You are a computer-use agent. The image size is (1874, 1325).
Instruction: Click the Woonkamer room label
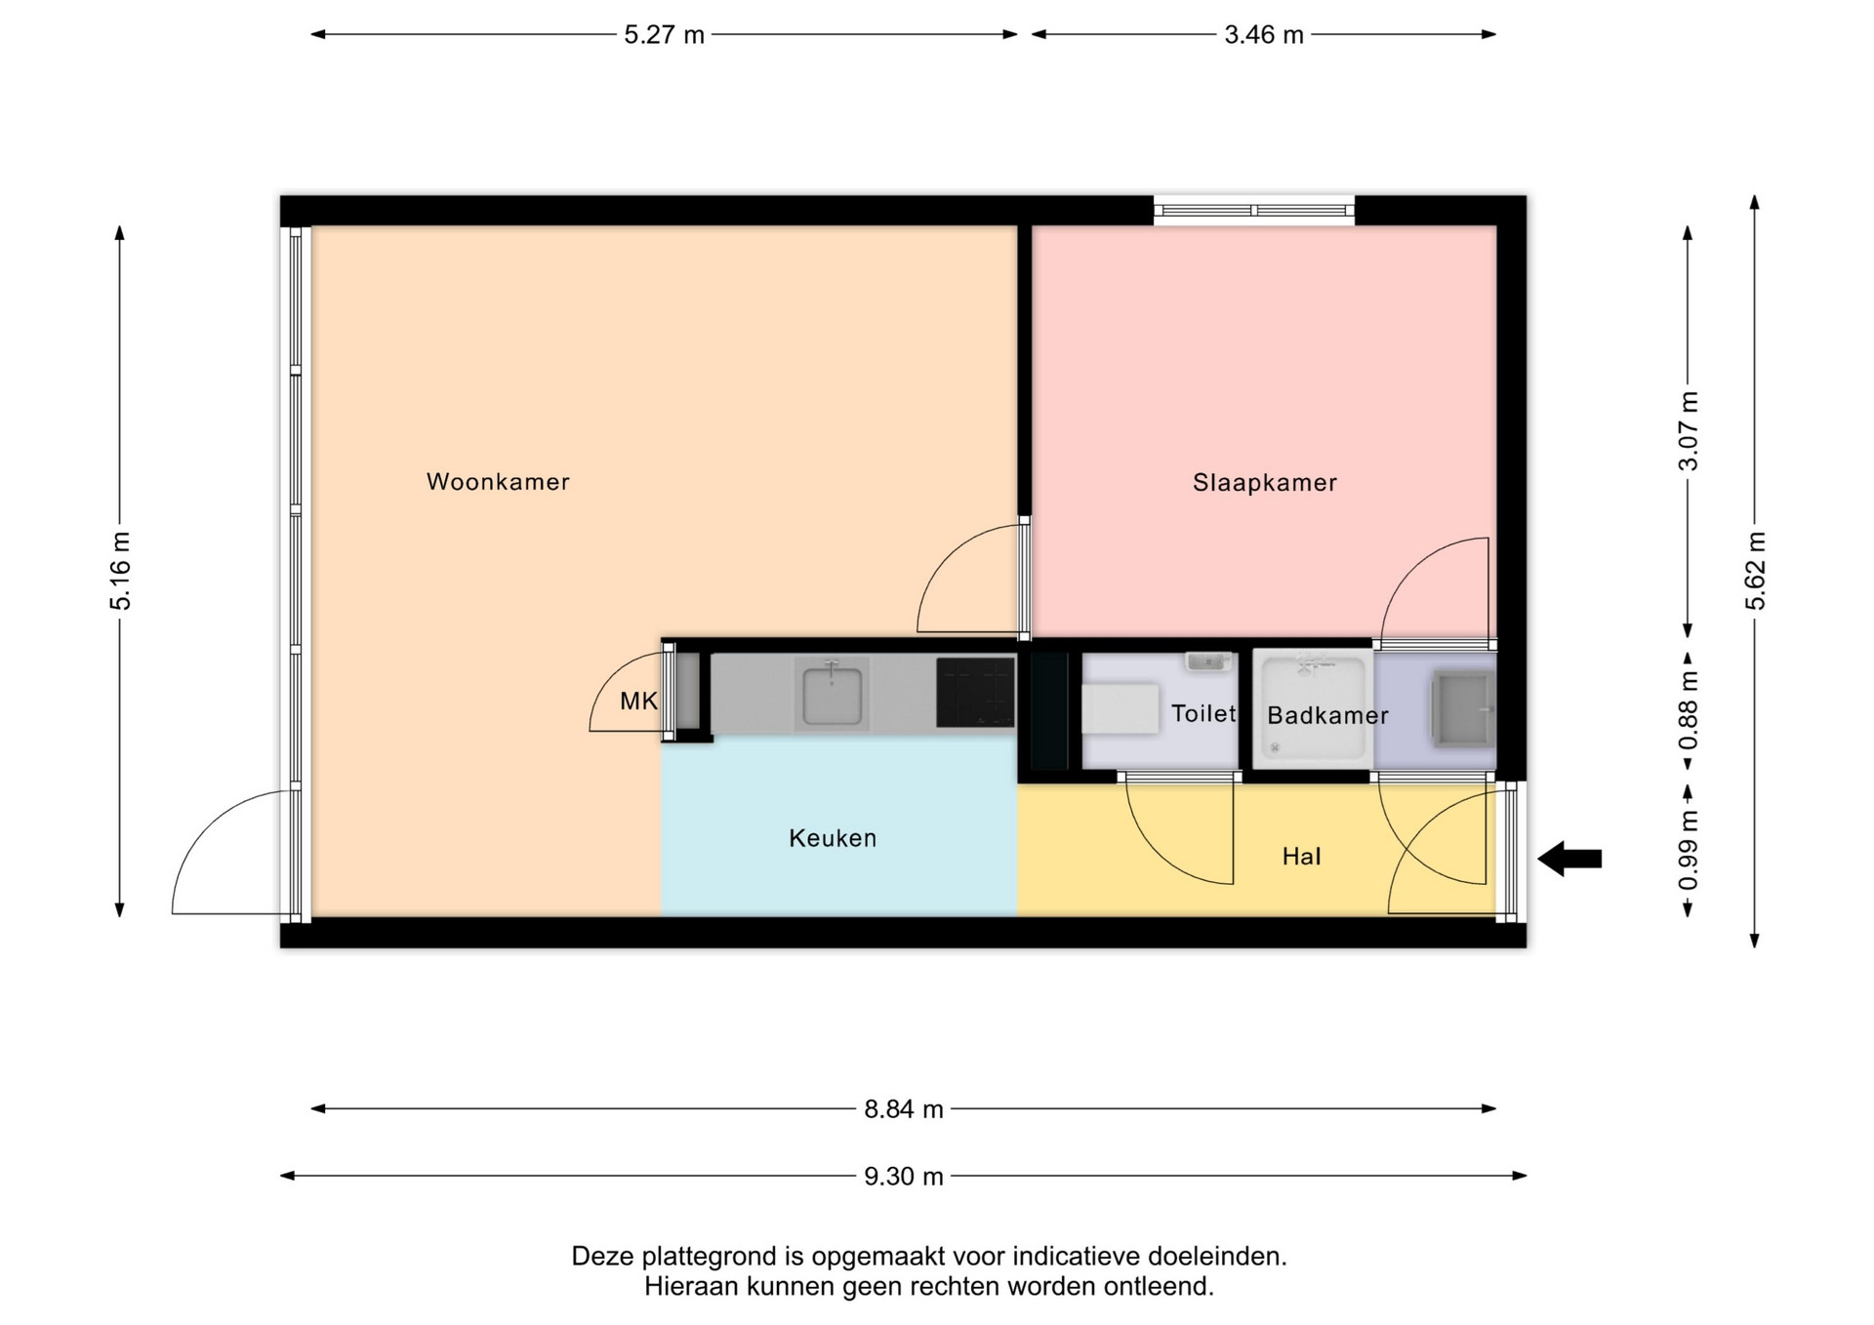point(498,481)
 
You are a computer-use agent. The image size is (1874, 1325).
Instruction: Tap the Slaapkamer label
point(1265,482)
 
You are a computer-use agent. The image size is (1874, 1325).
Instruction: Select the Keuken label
point(833,838)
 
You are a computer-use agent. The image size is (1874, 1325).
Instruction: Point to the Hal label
point(1301,857)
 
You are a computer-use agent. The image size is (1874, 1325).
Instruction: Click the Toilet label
point(1203,713)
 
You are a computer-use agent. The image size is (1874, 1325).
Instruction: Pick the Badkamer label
point(1327,715)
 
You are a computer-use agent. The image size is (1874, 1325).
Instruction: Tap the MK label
point(639,701)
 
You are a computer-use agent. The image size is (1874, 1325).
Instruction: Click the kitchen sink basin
point(832,693)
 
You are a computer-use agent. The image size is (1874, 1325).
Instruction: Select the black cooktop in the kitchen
point(975,693)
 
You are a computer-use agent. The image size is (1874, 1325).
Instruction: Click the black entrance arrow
point(1569,859)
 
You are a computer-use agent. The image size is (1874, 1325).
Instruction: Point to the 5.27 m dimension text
point(664,35)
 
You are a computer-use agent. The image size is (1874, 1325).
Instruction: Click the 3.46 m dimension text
point(1264,35)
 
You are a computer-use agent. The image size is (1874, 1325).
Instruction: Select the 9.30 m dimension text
point(904,1177)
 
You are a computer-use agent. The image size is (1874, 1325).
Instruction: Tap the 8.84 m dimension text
point(904,1109)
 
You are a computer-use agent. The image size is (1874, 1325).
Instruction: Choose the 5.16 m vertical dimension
point(120,571)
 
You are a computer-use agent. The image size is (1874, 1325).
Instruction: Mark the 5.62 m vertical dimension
point(1755,571)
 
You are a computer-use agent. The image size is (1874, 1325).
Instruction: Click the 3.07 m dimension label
point(1688,430)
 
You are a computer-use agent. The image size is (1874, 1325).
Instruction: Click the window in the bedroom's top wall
point(1254,210)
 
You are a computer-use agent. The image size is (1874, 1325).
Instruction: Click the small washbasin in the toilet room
point(1208,662)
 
